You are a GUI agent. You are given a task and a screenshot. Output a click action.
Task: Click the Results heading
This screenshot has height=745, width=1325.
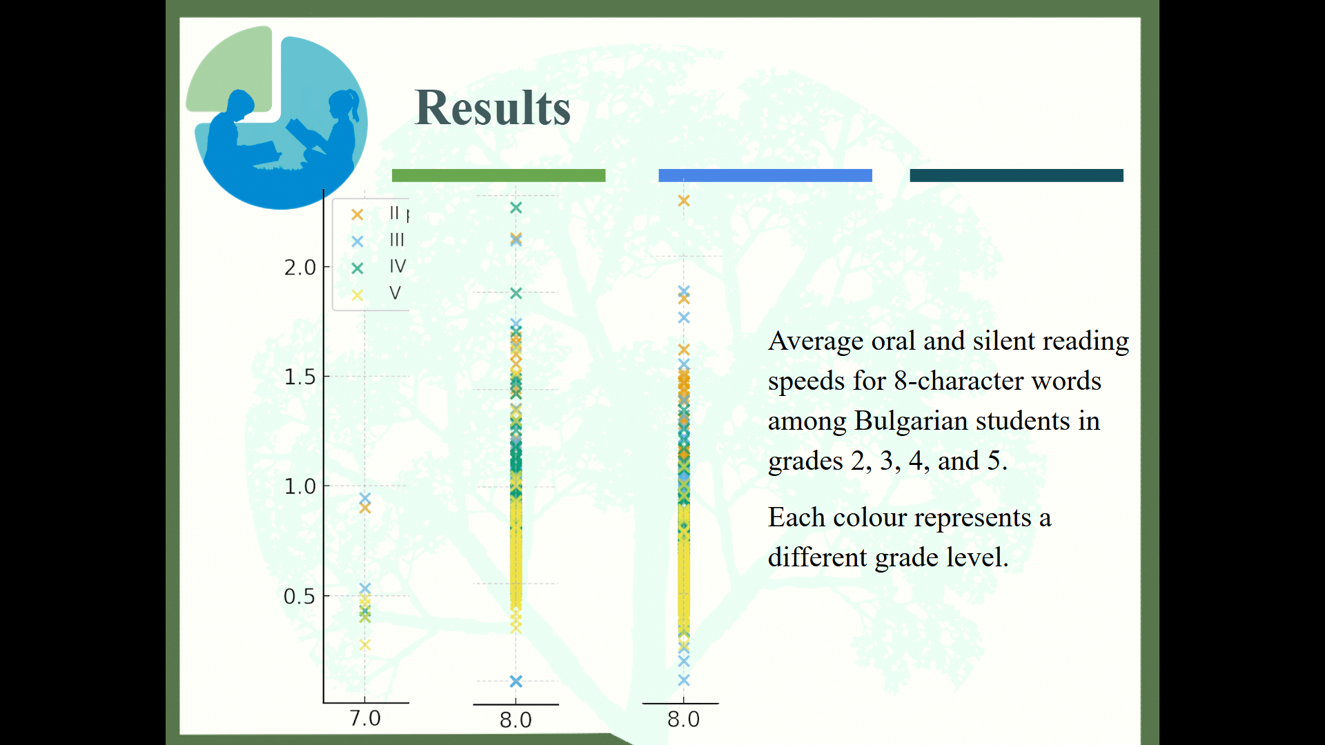[x=493, y=108]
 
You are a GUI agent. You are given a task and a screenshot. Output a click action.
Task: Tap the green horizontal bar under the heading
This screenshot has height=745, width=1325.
[x=498, y=175]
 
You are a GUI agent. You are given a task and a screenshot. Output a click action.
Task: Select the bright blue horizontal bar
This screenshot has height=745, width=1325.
[x=765, y=175]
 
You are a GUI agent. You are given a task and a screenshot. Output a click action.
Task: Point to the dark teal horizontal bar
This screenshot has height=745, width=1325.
[x=1017, y=175]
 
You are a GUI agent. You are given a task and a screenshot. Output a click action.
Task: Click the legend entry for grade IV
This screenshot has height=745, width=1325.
[x=379, y=267]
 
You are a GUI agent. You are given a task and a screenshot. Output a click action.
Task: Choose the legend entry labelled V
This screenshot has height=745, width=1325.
[x=376, y=294]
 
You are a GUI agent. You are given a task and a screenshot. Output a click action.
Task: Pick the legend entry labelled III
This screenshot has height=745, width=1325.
[x=378, y=240]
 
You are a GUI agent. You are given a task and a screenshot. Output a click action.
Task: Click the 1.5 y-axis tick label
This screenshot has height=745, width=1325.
[x=300, y=377]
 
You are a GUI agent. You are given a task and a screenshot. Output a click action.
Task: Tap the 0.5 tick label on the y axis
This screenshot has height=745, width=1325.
[x=300, y=597]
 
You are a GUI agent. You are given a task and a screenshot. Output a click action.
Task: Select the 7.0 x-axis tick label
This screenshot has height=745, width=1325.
[x=365, y=719]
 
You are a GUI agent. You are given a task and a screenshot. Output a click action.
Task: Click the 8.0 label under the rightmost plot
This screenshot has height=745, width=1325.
[x=683, y=720]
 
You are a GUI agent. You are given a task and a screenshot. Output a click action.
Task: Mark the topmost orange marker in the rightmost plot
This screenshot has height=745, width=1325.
[x=684, y=201]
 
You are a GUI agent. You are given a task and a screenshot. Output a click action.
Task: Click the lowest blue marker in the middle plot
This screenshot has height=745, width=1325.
[x=516, y=682]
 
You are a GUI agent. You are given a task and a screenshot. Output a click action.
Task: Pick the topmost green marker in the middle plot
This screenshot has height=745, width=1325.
[x=516, y=208]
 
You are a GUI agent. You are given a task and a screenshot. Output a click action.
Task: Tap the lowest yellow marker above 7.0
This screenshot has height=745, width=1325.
[x=365, y=644]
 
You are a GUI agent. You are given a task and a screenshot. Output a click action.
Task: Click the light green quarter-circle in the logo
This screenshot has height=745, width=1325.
[x=231, y=69]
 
